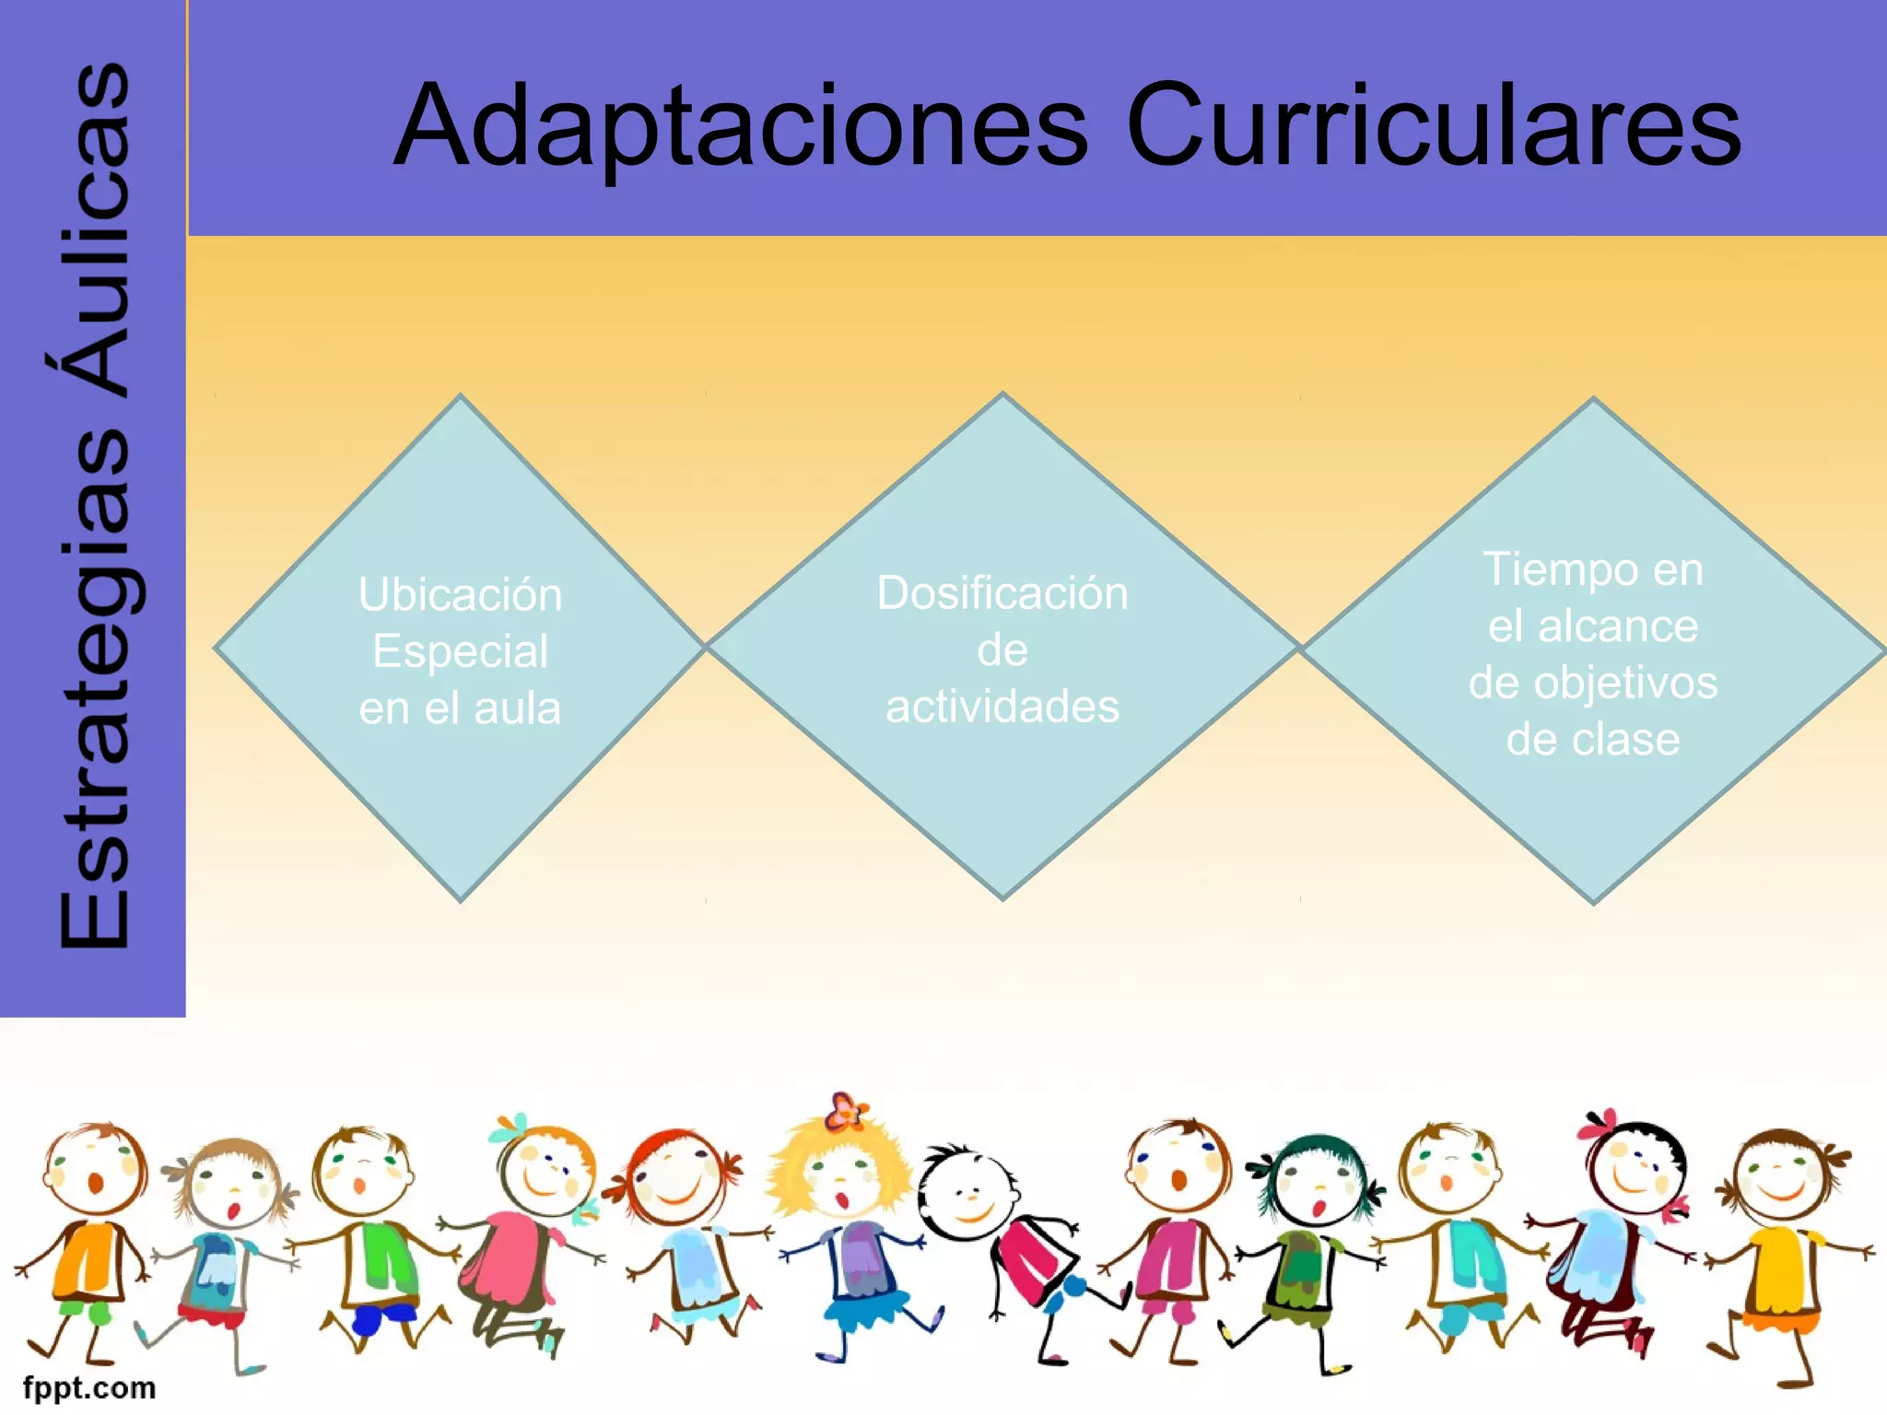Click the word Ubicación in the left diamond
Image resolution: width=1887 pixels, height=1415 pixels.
point(460,595)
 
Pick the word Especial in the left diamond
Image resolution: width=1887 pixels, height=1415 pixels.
point(460,651)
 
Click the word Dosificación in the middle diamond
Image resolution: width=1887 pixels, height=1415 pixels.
point(1002,593)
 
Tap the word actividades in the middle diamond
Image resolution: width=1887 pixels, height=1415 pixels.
point(1002,707)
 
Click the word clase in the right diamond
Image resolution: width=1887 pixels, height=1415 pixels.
point(1624,740)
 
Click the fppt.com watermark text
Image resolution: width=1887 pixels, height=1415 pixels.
point(89,1387)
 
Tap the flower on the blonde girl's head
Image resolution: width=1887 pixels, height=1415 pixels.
point(845,1112)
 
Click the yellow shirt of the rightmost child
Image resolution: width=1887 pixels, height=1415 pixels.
point(1783,1271)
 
